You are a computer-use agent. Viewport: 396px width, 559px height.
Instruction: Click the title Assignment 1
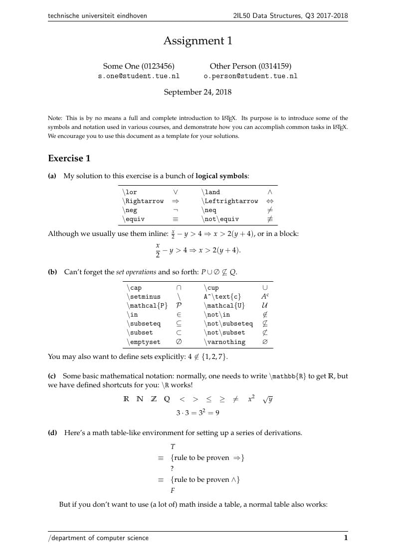(x=198, y=41)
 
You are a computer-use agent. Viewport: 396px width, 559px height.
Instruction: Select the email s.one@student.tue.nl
(x=139, y=76)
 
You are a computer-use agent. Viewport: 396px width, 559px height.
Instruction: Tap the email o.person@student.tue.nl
(x=250, y=76)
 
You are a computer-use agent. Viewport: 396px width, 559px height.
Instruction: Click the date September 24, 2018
(x=198, y=92)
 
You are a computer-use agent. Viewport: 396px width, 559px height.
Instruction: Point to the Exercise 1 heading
(x=69, y=158)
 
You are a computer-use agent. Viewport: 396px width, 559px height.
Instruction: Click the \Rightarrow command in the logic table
(x=143, y=201)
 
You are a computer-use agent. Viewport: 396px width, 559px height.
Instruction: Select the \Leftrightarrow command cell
(x=230, y=201)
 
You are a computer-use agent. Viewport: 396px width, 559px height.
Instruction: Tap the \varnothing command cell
(x=224, y=342)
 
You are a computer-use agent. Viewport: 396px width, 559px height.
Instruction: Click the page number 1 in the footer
(x=346, y=538)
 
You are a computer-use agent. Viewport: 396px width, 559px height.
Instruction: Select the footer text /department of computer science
(x=98, y=538)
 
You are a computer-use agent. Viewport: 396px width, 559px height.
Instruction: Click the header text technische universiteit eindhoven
(x=97, y=16)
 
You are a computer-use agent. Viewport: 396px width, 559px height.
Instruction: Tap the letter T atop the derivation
(x=173, y=447)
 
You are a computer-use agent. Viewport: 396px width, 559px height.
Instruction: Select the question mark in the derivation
(x=172, y=468)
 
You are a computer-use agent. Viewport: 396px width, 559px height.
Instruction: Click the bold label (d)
(x=52, y=433)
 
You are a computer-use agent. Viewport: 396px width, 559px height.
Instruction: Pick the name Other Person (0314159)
(x=250, y=66)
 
